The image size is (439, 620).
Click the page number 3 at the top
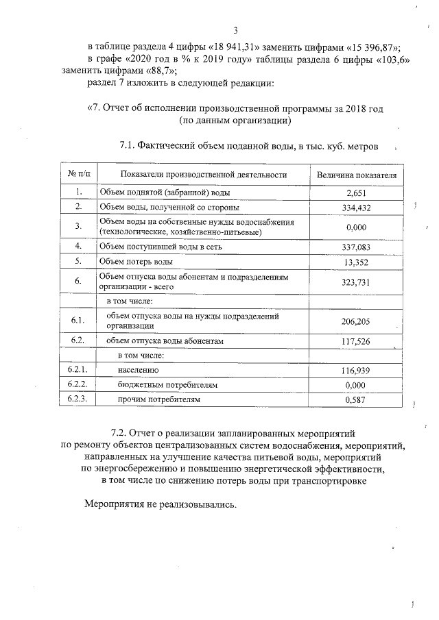[x=235, y=30]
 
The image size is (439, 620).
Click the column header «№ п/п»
[x=78, y=175]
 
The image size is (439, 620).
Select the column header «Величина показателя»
[x=357, y=175]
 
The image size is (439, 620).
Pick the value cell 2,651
[x=357, y=193]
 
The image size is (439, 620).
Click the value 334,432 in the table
[x=356, y=208]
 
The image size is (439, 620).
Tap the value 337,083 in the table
[x=356, y=246]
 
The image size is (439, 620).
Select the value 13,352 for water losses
[x=356, y=262]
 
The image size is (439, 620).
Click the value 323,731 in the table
[x=356, y=282]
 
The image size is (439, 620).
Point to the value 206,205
[x=356, y=321]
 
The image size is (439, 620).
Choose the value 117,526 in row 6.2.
[x=356, y=340]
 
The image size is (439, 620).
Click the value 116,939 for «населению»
[x=356, y=371]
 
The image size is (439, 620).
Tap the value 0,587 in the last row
[x=356, y=399]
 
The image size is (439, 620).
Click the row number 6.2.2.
[x=78, y=384]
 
